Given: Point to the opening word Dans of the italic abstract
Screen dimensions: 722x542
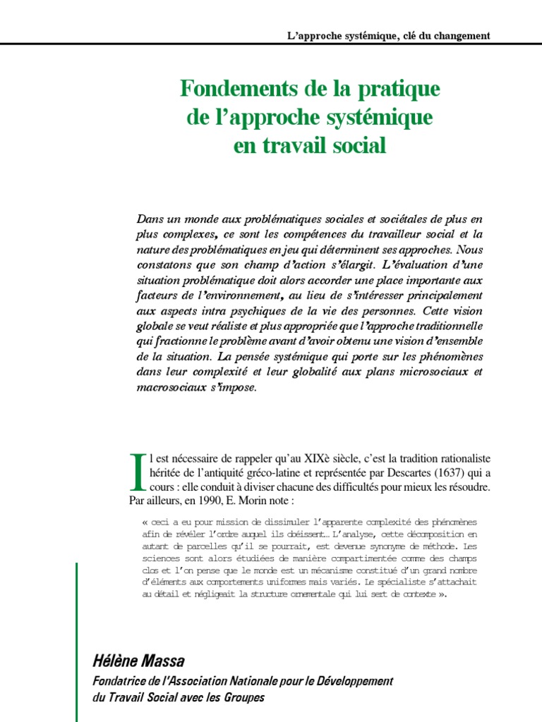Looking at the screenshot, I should (150, 220).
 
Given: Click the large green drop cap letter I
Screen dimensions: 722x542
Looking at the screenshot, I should (138, 472).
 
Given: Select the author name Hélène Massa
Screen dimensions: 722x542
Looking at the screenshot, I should (139, 661).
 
